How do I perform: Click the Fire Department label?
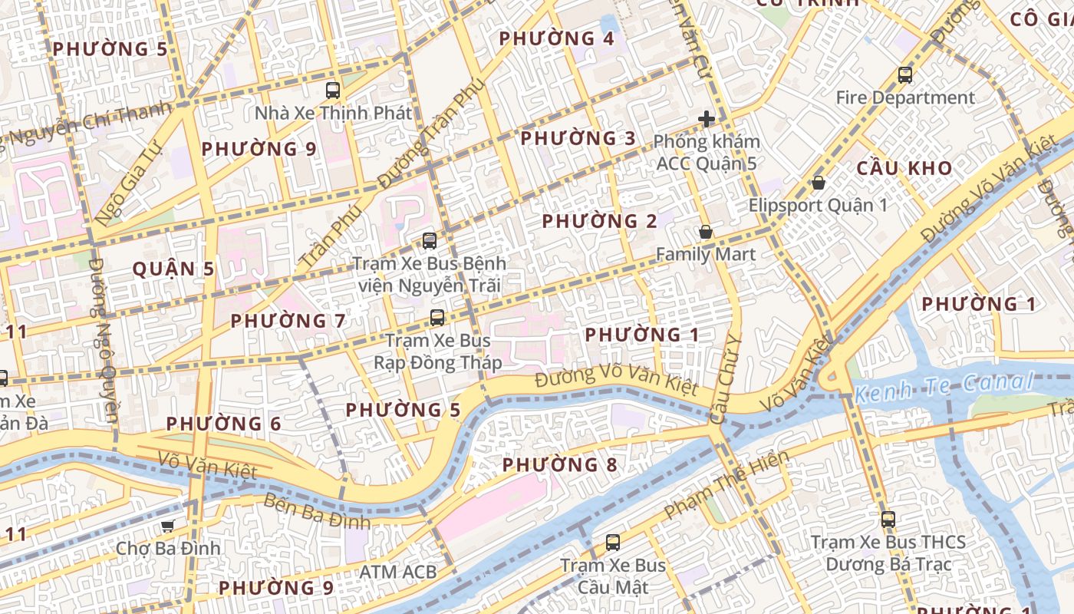[x=905, y=98]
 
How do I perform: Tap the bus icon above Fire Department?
[x=905, y=75]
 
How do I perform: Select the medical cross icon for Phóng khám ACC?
[x=707, y=119]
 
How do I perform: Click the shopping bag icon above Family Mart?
[x=706, y=232]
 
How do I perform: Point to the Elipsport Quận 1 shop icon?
[x=819, y=183]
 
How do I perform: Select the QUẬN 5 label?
[x=173, y=269]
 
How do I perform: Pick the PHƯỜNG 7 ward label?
[x=288, y=321]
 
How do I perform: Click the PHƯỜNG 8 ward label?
[x=559, y=465]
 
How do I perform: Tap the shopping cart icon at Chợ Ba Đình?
[x=168, y=526]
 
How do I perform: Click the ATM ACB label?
[x=398, y=572]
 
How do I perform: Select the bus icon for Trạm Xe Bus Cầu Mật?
[x=613, y=543]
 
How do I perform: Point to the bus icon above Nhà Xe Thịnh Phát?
[x=333, y=90]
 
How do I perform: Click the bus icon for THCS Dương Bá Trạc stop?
[x=888, y=519]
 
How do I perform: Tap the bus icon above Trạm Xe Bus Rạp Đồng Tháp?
[x=437, y=317]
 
